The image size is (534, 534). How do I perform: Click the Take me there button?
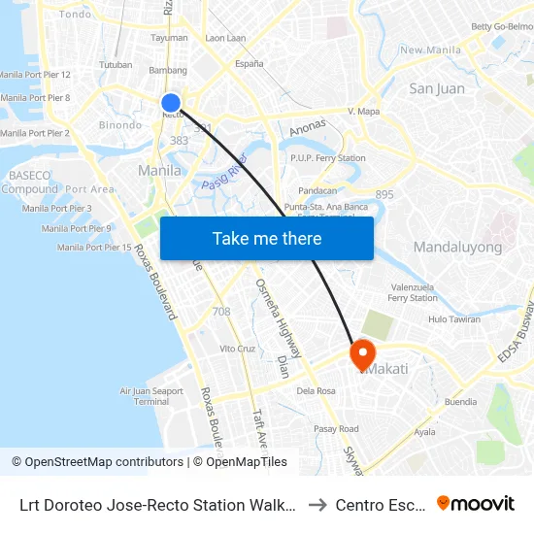click(x=267, y=238)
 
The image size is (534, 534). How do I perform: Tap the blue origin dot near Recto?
click(x=171, y=103)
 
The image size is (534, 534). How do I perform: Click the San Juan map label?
click(x=436, y=88)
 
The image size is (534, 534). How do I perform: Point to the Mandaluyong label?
click(x=457, y=247)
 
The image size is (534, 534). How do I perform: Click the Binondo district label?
click(x=119, y=125)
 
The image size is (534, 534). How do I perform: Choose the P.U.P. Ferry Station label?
click(x=327, y=157)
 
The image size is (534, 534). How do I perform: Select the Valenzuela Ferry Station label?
click(x=413, y=292)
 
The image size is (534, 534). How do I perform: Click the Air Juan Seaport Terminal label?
click(x=150, y=396)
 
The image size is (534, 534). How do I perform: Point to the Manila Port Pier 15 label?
click(x=94, y=248)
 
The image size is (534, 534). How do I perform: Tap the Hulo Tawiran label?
click(x=454, y=318)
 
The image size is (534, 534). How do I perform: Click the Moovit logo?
click(x=476, y=503)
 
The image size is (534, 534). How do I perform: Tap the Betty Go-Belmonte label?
click(x=503, y=26)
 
